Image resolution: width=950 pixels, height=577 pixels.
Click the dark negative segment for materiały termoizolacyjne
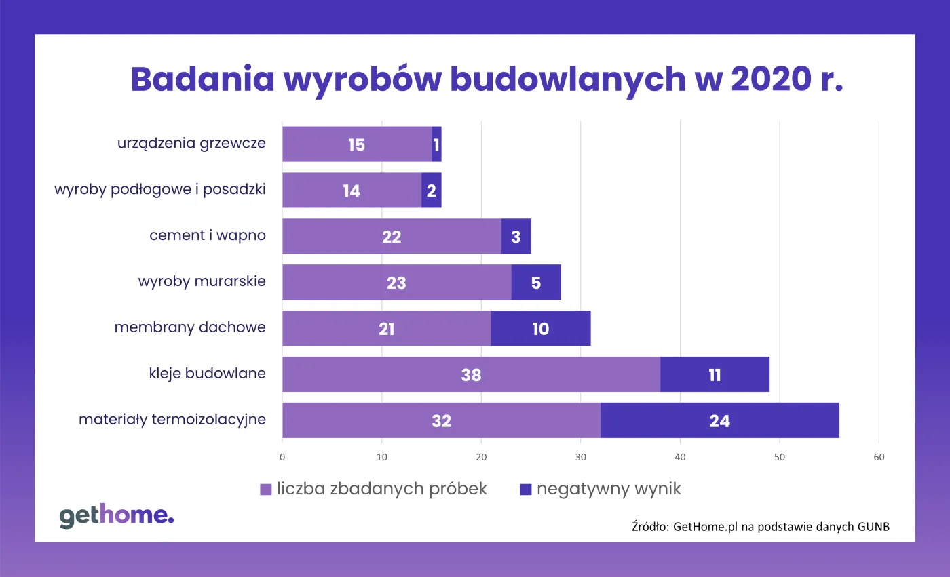pos(719,420)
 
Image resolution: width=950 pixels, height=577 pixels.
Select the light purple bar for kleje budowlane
pos(471,374)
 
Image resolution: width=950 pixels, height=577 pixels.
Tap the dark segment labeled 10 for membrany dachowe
pos(540,329)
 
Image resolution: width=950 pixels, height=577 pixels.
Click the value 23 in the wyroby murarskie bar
pos(396,283)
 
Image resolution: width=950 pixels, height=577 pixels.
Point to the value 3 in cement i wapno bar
pos(516,237)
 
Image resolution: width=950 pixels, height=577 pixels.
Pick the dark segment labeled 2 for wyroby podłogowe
pos(431,191)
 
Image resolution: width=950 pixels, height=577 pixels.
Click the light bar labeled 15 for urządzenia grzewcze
pos(356,144)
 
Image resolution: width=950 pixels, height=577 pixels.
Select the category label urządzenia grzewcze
pos(191,143)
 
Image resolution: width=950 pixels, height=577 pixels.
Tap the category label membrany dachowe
pos(190,327)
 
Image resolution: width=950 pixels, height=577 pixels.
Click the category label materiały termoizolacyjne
pos(172,420)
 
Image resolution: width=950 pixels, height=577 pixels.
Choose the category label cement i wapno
pos(208,235)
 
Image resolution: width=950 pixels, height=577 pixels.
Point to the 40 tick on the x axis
pos(680,458)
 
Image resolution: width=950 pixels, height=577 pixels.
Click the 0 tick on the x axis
pos(282,458)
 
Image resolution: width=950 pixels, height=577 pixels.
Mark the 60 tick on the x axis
pos(879,458)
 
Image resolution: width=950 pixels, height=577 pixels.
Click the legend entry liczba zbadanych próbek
pos(374,489)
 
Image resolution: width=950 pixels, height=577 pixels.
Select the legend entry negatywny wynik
pos(600,489)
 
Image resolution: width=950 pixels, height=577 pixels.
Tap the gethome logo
pos(116,516)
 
